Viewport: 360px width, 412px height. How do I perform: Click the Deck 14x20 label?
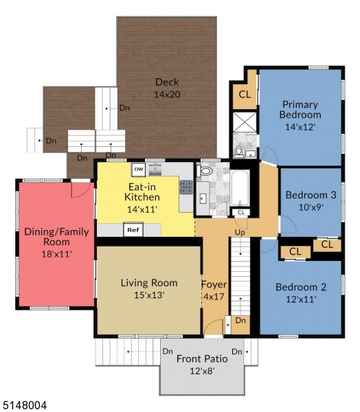[167, 88]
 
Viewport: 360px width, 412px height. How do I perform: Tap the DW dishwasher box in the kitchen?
[138, 168]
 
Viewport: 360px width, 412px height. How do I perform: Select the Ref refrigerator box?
[132, 230]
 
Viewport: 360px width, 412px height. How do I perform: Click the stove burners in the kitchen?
[185, 186]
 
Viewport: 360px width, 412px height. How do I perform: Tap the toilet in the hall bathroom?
[205, 171]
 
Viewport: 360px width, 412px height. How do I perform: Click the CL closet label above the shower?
[244, 94]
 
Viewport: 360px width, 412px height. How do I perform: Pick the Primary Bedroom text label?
[300, 110]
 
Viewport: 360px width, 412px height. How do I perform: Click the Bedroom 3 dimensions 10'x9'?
[311, 206]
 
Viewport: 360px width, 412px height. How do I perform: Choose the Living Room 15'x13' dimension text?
[148, 295]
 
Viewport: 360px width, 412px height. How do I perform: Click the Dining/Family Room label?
[56, 237]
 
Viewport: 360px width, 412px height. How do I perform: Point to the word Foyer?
[213, 284]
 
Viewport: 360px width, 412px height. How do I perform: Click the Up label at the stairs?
[240, 233]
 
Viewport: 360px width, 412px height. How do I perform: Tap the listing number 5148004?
[24, 406]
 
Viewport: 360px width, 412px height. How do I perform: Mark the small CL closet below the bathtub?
[240, 213]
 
